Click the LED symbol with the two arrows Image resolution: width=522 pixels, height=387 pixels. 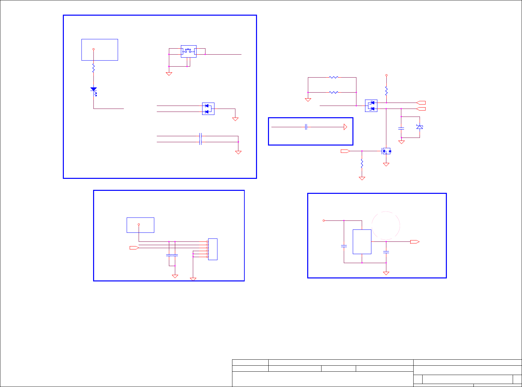94,90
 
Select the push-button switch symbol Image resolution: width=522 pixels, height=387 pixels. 189,51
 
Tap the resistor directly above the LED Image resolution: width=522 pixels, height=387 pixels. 93,68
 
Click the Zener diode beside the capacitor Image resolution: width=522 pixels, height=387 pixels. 420,127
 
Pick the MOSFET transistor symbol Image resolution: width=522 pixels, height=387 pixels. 386,151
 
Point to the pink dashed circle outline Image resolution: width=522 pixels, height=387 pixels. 386,225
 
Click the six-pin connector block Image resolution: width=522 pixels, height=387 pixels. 212,249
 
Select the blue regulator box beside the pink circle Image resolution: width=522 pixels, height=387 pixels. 362,242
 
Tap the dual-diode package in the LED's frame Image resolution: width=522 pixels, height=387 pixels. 208,109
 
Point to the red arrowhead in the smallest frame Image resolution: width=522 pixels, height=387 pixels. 345,127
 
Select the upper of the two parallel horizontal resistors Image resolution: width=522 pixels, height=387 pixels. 333,77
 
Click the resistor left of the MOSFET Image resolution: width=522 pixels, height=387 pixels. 362,163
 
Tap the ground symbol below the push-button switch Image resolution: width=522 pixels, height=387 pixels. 169,74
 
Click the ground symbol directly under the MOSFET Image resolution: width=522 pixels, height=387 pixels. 386,165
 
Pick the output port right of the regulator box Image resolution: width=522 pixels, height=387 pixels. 415,242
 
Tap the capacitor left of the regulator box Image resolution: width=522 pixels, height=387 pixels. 344,246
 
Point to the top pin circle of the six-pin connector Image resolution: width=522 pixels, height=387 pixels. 207,241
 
